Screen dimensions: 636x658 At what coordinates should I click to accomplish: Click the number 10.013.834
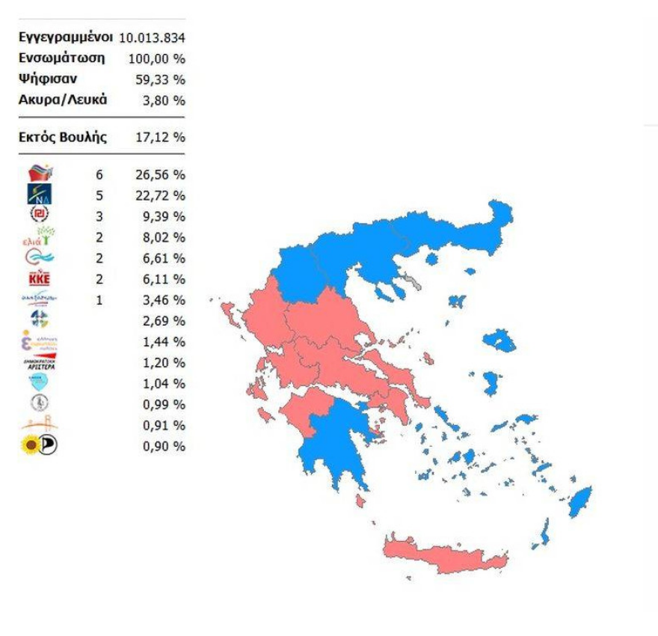tap(152, 38)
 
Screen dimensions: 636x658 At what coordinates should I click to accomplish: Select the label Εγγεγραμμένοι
tap(65, 37)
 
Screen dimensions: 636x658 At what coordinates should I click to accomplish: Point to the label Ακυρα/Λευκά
tap(62, 100)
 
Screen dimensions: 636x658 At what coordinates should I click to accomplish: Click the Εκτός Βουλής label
tap(63, 137)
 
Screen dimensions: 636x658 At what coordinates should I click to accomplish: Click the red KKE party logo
tap(39, 279)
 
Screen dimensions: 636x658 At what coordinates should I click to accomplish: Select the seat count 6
tap(99, 175)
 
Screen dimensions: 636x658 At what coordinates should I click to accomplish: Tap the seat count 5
tap(99, 196)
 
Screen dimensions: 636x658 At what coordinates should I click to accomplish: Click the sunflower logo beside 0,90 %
tap(31, 446)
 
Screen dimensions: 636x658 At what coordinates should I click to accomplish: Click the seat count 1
tap(99, 300)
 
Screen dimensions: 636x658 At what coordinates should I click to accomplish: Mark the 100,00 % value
tap(164, 59)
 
